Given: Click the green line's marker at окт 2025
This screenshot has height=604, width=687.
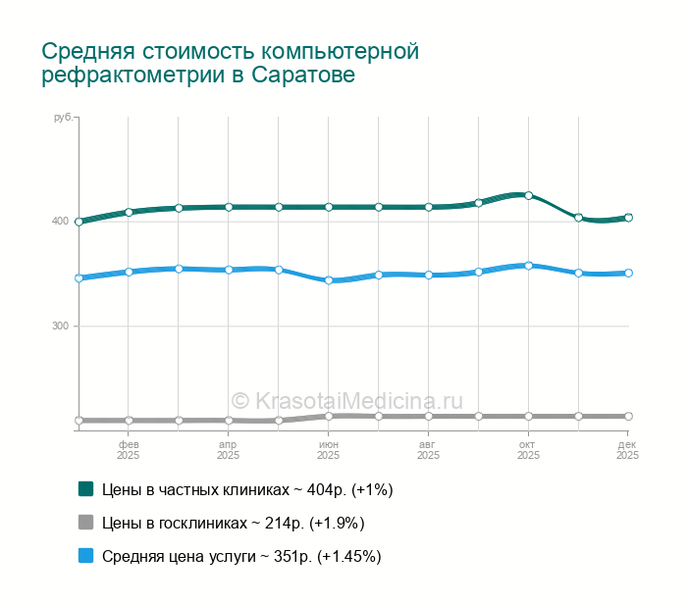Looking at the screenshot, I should (x=528, y=195).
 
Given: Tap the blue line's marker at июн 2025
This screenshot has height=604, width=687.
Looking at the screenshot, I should (x=328, y=280).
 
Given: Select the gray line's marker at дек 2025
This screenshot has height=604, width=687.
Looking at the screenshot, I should (x=628, y=417).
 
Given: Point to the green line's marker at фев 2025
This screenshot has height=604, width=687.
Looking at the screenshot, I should (x=128, y=212).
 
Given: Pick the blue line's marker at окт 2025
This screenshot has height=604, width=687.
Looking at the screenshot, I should (x=528, y=265).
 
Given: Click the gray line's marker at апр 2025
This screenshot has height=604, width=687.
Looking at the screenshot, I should (x=228, y=421).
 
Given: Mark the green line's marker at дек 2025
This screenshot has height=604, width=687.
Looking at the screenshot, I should (x=628, y=218).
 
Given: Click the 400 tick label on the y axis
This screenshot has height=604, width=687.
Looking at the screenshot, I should (x=59, y=222).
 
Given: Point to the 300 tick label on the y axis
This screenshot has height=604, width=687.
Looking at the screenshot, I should (x=59, y=327).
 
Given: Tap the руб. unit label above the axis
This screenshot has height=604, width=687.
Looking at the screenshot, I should (x=63, y=118).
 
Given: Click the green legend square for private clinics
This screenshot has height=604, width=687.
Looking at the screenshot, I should (x=85, y=488).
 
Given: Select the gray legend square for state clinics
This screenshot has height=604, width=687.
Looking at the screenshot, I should (x=85, y=523).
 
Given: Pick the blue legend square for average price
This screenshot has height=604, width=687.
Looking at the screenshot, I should (x=85, y=556).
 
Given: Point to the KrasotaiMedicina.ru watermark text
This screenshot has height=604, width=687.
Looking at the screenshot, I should (x=346, y=400).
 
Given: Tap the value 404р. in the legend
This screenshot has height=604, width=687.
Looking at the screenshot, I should (x=321, y=488).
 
